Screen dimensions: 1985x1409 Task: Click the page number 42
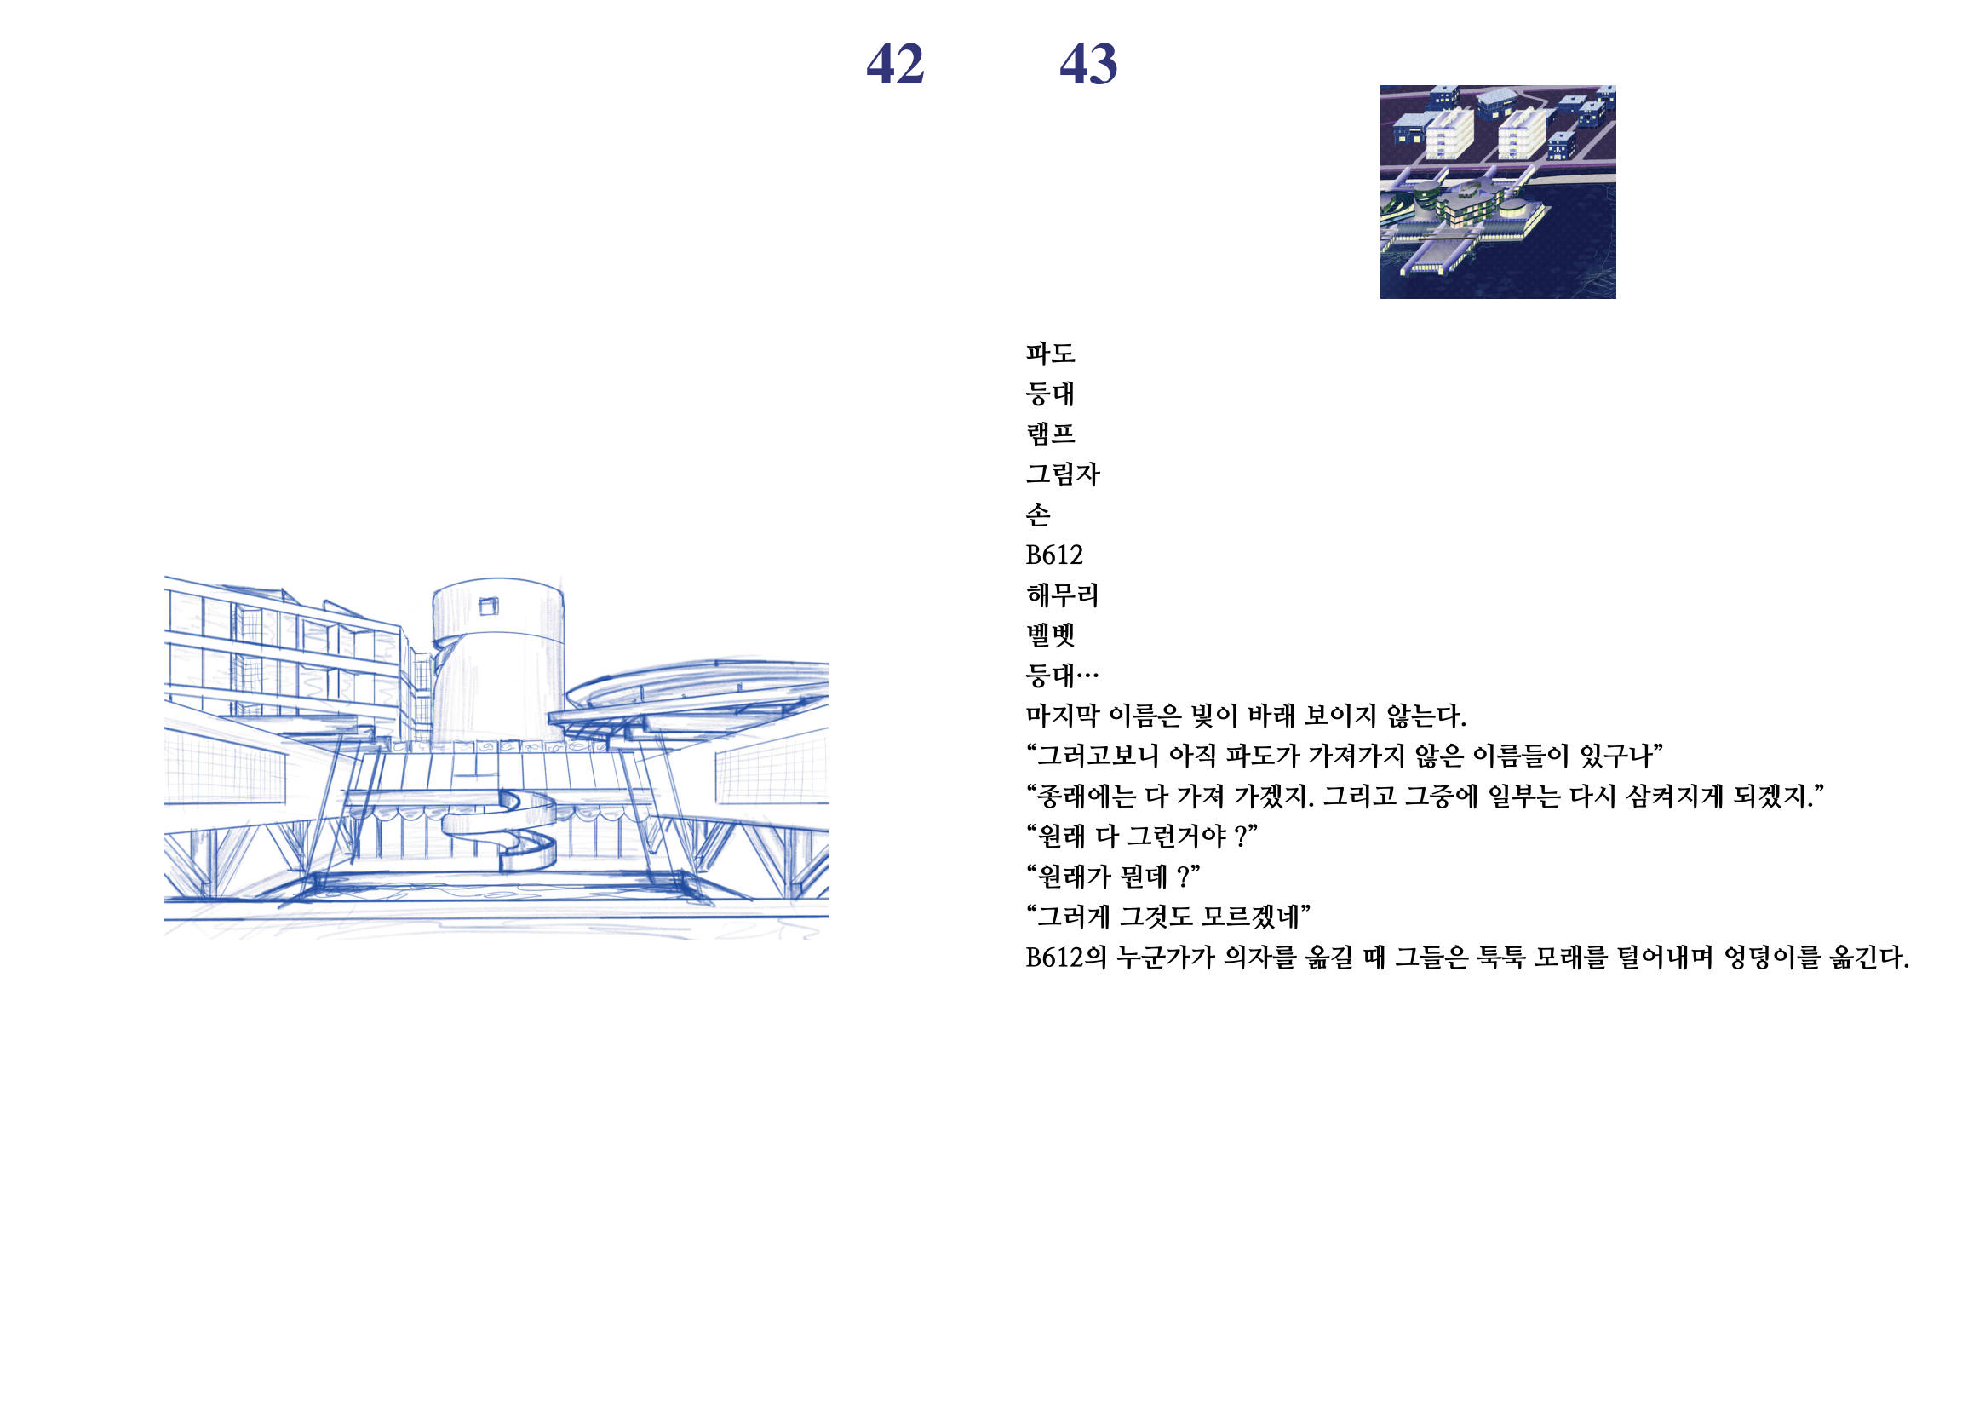(895, 64)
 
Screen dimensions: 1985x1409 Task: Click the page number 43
(1088, 64)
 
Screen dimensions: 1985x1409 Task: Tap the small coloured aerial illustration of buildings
(1498, 192)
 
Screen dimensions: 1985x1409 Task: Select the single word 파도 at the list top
(1050, 354)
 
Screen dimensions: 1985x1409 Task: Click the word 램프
(1050, 433)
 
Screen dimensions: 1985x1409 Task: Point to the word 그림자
(1062, 474)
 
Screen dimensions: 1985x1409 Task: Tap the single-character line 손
(1038, 515)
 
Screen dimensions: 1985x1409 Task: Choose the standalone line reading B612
(1054, 555)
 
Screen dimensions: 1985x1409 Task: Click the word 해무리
(1062, 595)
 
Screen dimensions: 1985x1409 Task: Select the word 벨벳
(1050, 635)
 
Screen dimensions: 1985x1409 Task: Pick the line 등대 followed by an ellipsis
(1062, 675)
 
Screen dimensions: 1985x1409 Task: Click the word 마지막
(1062, 716)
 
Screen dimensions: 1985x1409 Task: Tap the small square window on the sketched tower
(489, 606)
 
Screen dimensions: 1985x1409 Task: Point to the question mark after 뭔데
(1184, 877)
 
